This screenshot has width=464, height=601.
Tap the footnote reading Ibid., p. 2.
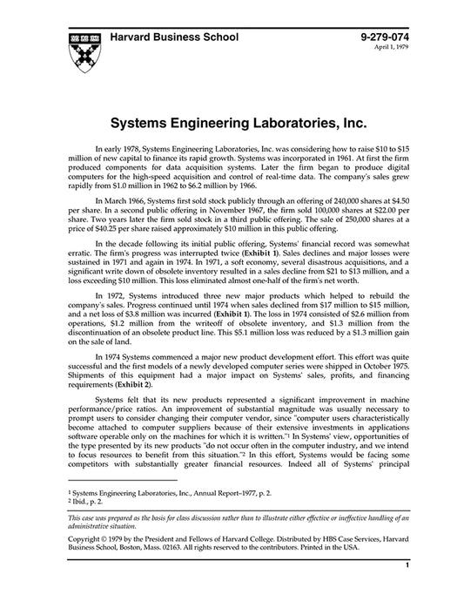click(89, 502)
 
